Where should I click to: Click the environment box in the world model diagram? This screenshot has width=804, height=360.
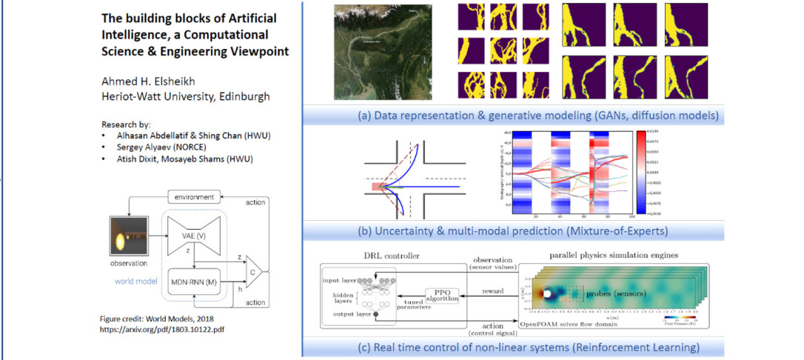[195, 197]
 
